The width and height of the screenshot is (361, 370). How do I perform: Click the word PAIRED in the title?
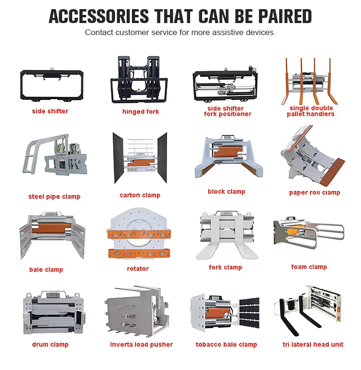click(285, 16)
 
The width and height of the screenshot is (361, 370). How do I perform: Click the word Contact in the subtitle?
click(99, 32)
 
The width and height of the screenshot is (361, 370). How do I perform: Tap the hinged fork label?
click(141, 111)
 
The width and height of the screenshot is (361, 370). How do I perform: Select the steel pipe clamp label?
click(54, 197)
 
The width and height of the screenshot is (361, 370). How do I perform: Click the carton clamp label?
click(140, 195)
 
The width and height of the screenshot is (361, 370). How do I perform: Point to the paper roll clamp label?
click(315, 193)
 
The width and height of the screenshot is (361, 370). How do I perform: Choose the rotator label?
click(138, 269)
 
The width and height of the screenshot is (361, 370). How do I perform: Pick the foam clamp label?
click(309, 267)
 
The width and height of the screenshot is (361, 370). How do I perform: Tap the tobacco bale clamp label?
click(226, 345)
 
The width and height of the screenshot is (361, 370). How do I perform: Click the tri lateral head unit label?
click(313, 345)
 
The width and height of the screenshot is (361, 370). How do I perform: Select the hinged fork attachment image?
click(139, 79)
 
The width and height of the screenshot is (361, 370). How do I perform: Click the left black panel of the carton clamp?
click(118, 158)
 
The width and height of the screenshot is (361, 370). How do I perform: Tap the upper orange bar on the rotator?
click(139, 234)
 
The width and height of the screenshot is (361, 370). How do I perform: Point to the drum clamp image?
click(54, 313)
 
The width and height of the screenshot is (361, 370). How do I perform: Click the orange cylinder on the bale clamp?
click(52, 228)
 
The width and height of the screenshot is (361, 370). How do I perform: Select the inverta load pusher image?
click(137, 311)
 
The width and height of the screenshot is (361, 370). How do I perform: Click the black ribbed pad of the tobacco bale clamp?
click(249, 313)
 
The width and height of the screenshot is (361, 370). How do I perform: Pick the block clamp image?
click(228, 156)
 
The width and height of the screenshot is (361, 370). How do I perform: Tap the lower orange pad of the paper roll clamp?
click(333, 172)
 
